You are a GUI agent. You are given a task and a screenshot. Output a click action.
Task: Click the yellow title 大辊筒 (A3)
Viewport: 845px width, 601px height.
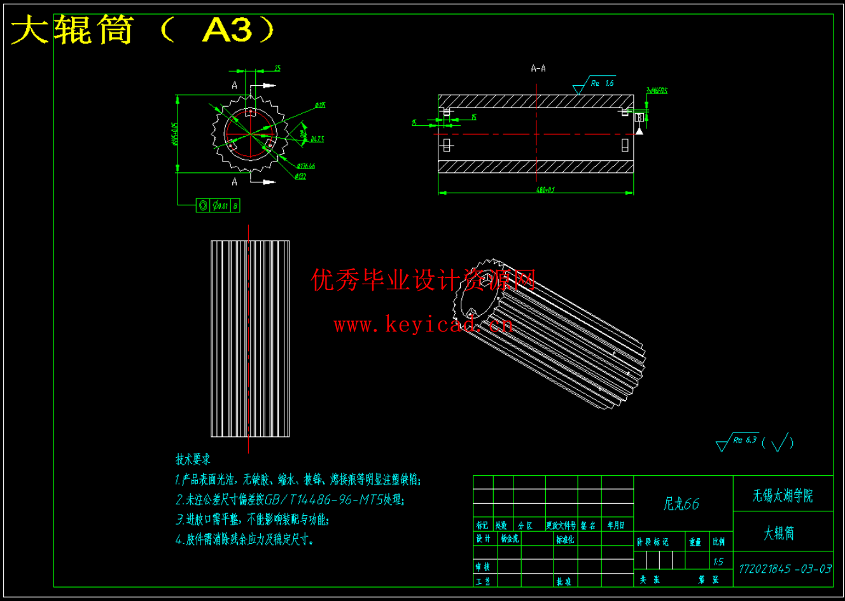pos(144,30)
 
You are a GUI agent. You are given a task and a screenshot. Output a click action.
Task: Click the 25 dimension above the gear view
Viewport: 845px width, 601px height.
pos(277,69)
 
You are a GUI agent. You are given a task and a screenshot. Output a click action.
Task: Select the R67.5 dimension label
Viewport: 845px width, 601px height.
pos(317,139)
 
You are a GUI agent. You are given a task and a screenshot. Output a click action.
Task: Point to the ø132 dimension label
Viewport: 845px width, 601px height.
pos(301,176)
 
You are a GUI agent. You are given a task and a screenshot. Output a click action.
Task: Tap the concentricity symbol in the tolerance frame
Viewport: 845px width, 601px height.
pos(203,205)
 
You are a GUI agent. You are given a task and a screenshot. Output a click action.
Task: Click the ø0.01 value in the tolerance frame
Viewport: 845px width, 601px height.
pos(220,205)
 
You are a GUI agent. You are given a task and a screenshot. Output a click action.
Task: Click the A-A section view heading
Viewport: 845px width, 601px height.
pos(538,69)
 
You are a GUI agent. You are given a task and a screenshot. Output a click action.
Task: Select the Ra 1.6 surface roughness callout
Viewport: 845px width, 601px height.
pos(601,83)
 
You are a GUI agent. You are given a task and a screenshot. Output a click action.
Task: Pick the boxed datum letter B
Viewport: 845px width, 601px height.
pos(640,117)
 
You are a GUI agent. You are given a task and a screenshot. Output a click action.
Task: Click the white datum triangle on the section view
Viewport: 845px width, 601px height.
pos(639,130)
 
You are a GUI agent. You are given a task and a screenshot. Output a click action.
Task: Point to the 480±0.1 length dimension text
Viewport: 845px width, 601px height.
pos(545,190)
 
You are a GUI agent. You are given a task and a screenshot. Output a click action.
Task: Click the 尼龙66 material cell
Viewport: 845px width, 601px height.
pos(681,504)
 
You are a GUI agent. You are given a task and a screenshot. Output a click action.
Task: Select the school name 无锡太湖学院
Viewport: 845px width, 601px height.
pos(783,495)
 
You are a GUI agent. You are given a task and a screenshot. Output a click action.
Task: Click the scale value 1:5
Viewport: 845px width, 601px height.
pos(718,562)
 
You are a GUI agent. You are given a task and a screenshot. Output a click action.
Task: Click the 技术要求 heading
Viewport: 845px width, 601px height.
pos(193,459)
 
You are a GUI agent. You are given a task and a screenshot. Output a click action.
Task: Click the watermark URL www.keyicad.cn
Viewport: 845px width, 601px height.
pos(423,326)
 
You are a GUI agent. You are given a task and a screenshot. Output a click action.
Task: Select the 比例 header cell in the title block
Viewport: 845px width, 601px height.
pos(718,542)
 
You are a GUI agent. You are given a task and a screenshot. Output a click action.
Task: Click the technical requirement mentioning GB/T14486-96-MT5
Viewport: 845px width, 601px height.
pos(290,500)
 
